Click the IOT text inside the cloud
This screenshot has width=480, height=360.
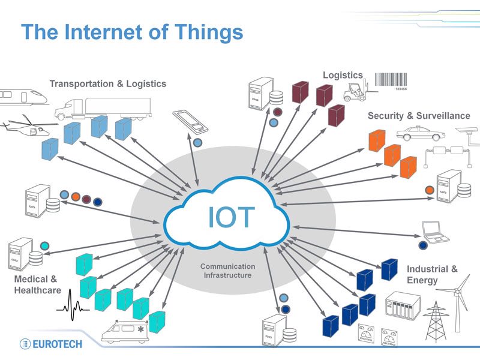(231, 217)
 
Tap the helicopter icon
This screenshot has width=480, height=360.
(24, 128)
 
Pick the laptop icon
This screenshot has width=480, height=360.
(433, 231)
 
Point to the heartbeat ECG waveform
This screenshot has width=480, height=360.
(73, 304)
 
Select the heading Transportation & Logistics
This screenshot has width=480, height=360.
(108, 83)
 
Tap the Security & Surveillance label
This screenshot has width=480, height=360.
(419, 115)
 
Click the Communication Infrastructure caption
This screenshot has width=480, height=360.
(227, 271)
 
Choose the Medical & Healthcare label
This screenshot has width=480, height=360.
(37, 285)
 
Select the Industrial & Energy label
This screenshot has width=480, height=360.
(431, 274)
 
